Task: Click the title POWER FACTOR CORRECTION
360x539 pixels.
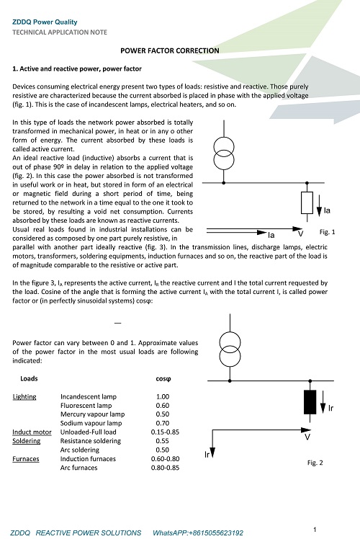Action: coord(170,50)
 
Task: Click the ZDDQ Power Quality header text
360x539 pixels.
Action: coord(45,22)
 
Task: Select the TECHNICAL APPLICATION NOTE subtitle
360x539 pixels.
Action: coord(60,32)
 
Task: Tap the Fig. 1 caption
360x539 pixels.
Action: coord(327,232)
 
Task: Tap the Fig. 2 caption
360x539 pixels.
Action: coord(315,463)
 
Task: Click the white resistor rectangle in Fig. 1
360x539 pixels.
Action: coord(307,202)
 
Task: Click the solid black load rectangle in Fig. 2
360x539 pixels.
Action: coord(310,402)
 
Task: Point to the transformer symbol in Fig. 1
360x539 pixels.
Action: coord(224,153)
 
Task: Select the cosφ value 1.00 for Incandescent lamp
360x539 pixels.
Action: coord(163,397)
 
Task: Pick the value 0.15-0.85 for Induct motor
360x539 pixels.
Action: coord(165,432)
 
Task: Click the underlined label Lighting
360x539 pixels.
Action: coord(24,397)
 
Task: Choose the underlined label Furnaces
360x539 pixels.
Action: coord(26,459)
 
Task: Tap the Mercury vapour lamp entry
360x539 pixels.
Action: coord(92,414)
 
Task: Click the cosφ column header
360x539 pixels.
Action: coord(163,379)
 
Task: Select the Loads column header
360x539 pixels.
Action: coord(29,378)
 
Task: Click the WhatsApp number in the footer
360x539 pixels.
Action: coord(198,533)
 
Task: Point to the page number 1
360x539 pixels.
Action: coord(315,530)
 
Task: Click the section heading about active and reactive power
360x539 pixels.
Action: coord(77,68)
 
